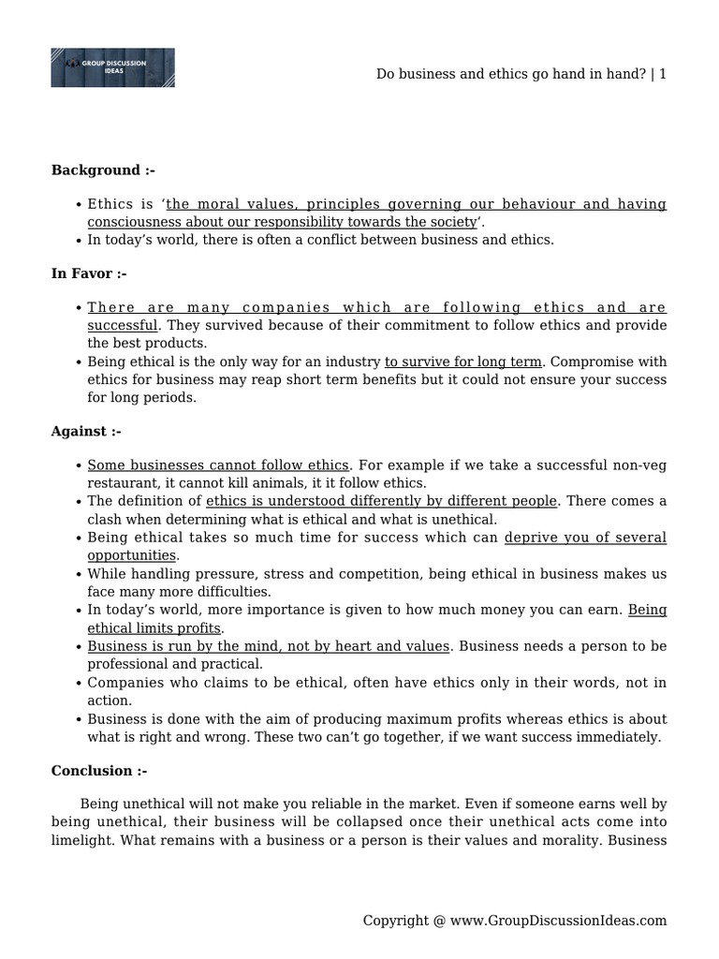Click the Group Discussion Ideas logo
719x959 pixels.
(112, 67)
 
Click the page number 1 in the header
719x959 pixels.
(663, 74)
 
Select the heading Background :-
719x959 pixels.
(103, 170)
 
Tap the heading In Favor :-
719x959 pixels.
(89, 273)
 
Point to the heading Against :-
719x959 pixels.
(86, 431)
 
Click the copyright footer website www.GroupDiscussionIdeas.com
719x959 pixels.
(558, 921)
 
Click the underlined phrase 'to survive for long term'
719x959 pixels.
(462, 361)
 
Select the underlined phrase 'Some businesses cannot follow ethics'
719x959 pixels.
(218, 465)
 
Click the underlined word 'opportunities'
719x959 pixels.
(132, 555)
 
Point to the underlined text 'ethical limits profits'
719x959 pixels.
(154, 627)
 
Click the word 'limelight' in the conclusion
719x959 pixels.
(81, 840)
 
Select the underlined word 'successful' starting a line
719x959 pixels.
(123, 325)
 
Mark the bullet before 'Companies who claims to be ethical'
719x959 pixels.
(78, 683)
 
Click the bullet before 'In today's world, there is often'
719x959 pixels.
(78, 240)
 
